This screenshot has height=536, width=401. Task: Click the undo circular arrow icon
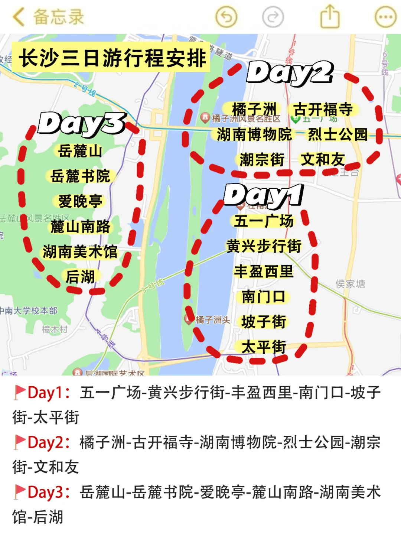point(226,17)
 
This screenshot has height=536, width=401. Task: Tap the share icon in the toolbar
point(330,17)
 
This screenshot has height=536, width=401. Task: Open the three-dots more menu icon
point(385,17)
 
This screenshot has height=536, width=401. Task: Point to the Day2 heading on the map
point(290,73)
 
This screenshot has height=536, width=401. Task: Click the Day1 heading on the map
point(264,195)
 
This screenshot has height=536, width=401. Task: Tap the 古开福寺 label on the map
point(323,110)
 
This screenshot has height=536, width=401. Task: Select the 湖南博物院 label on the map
point(254,134)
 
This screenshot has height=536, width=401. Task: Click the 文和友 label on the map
point(322,159)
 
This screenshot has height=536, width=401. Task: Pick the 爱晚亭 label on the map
point(80,201)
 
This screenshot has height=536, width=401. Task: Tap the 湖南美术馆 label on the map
point(80,251)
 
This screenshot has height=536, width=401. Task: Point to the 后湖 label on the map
point(80,277)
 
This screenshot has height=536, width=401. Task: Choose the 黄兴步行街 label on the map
point(264,246)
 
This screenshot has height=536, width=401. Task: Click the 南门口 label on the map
point(264,296)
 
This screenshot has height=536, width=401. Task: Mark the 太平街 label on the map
point(264,347)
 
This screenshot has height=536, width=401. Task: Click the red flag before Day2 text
point(19,442)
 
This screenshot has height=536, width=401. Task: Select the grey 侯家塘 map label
point(350,284)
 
